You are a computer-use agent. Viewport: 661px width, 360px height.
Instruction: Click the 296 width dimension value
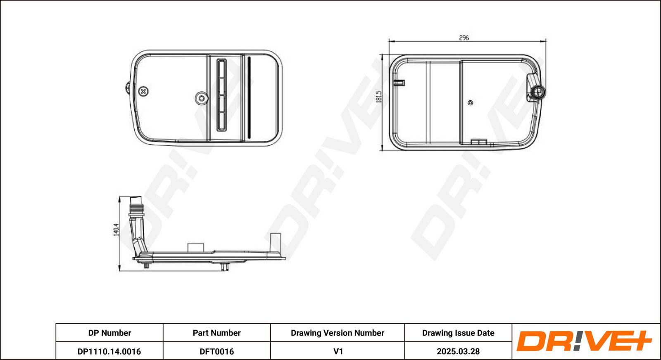point(464,38)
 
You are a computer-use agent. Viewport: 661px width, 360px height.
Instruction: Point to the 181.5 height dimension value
point(379,97)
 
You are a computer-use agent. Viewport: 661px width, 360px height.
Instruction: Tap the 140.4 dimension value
point(116,230)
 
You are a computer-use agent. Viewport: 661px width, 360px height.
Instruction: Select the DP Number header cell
point(109,333)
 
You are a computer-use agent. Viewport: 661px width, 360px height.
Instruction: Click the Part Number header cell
point(216,333)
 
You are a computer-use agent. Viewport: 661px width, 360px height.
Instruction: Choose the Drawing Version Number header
point(337,333)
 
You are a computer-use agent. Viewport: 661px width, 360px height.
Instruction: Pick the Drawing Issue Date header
point(458,333)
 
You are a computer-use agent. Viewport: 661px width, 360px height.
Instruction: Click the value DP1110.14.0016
point(109,351)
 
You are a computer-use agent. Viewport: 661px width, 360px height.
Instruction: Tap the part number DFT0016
point(216,351)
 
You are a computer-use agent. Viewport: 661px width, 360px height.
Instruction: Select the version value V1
point(338,351)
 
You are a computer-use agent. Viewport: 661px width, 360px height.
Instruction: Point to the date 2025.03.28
point(458,351)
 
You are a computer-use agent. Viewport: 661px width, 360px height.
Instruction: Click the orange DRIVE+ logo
point(584,341)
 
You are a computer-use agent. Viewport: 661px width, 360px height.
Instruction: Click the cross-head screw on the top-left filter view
point(143,91)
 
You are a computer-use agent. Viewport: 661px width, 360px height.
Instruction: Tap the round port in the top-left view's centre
point(202,98)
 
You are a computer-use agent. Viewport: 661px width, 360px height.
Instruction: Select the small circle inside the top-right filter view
point(471,103)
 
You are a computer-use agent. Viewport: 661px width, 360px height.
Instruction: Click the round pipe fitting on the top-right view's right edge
point(538,92)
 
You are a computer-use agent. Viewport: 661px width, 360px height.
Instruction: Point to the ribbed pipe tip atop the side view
point(136,205)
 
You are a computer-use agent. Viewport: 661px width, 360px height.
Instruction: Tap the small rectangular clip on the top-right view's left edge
point(399,83)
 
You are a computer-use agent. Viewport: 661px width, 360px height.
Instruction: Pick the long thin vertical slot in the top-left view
point(249,97)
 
